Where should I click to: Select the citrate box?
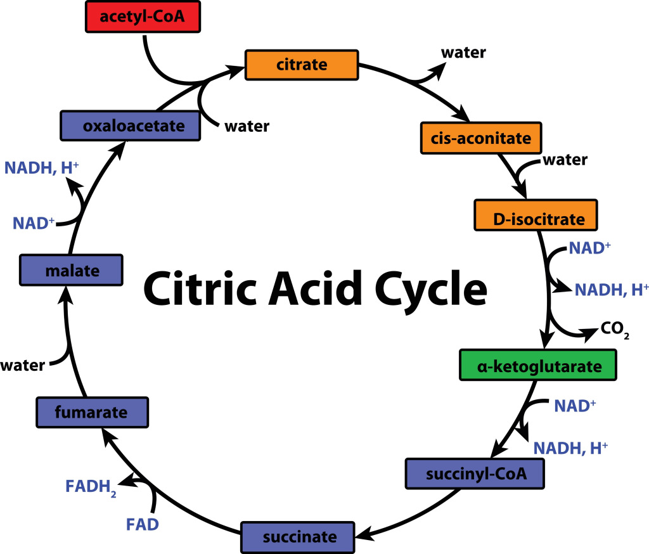click(x=302, y=65)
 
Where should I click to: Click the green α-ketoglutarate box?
click(x=537, y=366)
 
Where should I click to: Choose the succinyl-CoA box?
click(x=476, y=473)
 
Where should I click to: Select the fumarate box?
click(x=92, y=413)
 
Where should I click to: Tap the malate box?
click(x=71, y=271)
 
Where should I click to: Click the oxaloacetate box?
click(x=129, y=126)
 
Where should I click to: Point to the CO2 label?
click(x=614, y=330)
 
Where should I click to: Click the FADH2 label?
click(x=90, y=487)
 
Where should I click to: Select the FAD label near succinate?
click(x=142, y=524)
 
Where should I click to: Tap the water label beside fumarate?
click(x=22, y=366)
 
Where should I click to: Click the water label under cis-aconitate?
click(x=564, y=160)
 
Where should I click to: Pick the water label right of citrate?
click(x=463, y=53)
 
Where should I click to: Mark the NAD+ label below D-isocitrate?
click(x=589, y=247)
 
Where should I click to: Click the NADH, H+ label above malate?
click(x=41, y=168)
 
